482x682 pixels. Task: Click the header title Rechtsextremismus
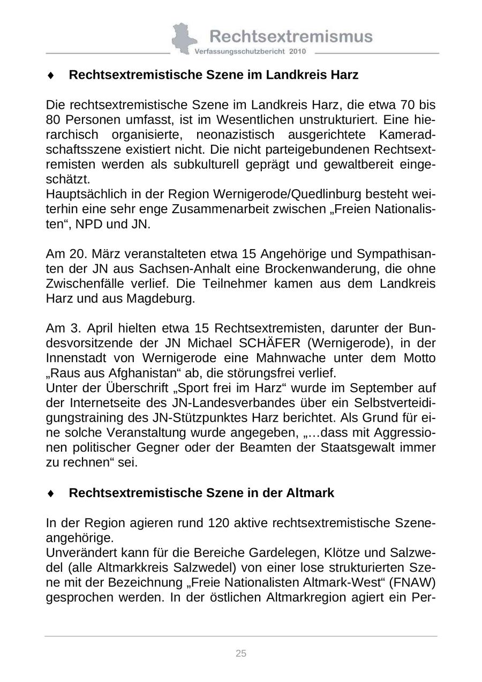(290, 36)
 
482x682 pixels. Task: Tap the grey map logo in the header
(184, 38)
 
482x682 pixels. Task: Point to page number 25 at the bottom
(241, 653)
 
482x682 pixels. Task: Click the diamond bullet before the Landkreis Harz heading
(51, 76)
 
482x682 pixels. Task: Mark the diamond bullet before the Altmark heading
(51, 493)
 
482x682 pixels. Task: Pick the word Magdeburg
(160, 298)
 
